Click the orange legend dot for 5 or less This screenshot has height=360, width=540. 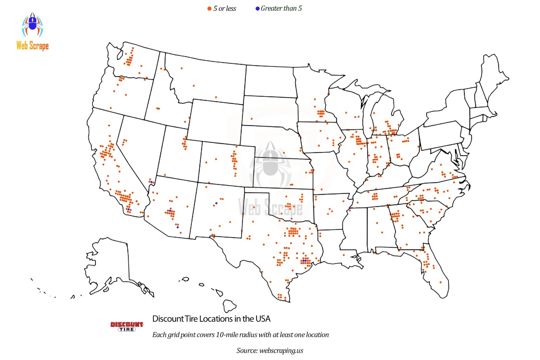[209, 9]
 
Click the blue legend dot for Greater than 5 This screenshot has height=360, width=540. [257, 8]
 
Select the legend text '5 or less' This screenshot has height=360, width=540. [225, 9]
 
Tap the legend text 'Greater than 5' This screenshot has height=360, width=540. [281, 8]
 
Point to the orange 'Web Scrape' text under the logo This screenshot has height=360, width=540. [32, 45]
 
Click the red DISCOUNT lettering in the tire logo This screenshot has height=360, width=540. [127, 324]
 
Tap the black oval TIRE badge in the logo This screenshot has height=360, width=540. [127, 329]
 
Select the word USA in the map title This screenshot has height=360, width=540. [263, 319]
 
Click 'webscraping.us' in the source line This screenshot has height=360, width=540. [281, 351]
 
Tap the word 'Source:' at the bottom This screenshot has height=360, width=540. [247, 351]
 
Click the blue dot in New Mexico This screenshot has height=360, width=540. [216, 203]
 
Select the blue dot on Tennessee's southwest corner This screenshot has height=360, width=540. [350, 208]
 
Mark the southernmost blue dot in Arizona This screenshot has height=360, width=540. [178, 227]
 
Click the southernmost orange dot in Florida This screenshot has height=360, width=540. [441, 282]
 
